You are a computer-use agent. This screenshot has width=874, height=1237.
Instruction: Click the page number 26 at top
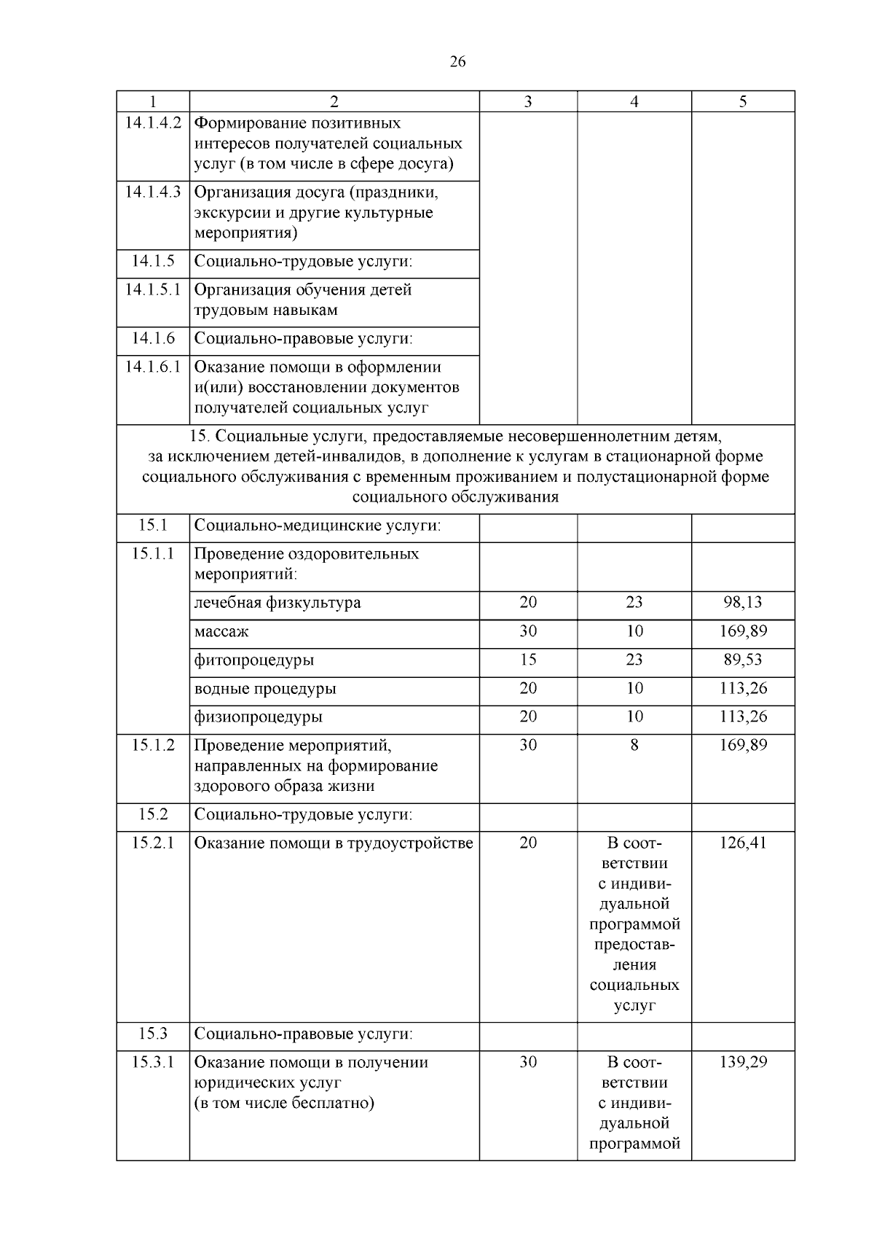click(457, 62)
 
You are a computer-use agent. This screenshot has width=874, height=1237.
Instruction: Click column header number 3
click(528, 102)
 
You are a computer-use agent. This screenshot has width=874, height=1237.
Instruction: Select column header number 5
click(743, 102)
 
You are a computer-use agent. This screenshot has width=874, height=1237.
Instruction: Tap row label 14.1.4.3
click(153, 192)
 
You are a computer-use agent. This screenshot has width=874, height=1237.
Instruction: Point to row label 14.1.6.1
click(153, 367)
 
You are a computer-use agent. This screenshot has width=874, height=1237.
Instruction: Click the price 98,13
click(743, 602)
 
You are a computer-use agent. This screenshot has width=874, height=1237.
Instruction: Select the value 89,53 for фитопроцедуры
click(743, 660)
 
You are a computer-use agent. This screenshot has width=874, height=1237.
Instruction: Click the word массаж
click(221, 631)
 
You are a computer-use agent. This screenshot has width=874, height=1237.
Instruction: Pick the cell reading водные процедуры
click(265, 689)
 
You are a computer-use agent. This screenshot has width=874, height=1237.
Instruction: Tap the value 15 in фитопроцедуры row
click(528, 660)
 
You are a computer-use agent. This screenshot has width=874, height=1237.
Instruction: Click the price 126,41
click(743, 843)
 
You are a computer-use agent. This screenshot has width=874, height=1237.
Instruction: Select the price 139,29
click(743, 1062)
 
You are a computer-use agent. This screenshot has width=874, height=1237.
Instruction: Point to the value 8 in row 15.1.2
click(634, 745)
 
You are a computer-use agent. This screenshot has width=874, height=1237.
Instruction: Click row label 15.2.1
click(153, 843)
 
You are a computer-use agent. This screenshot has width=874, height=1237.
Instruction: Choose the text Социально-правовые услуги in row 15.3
click(304, 1034)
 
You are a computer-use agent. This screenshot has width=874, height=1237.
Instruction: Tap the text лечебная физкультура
click(277, 603)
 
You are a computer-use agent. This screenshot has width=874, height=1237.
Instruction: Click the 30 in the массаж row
click(528, 631)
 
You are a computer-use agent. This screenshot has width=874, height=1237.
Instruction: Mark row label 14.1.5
click(153, 261)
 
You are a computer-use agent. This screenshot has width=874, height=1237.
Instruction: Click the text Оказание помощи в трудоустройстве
click(334, 843)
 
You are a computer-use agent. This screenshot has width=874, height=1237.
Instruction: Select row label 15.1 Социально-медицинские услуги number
click(153, 525)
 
